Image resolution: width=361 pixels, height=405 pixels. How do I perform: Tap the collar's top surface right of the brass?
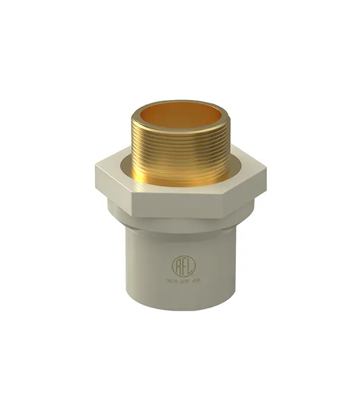246,168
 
